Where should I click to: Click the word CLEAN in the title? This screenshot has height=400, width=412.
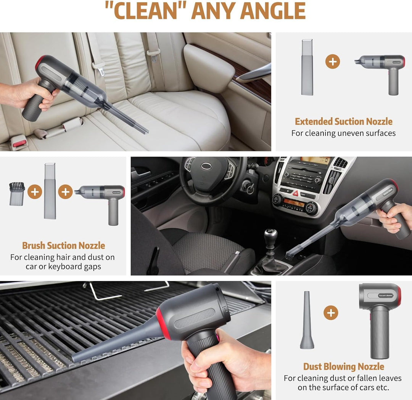(x=146, y=11)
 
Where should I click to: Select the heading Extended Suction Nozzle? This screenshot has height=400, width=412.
(x=343, y=122)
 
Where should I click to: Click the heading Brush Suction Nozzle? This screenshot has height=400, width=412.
(x=63, y=246)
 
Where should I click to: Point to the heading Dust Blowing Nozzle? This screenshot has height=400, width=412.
(x=343, y=366)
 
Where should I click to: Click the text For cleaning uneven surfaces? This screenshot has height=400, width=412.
(x=343, y=133)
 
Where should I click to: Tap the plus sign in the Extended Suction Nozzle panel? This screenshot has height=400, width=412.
(x=332, y=61)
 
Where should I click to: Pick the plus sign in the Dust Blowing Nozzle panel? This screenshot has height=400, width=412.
(x=331, y=313)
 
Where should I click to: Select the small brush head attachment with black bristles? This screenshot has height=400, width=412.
(x=17, y=194)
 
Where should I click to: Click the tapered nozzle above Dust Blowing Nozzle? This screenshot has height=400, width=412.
(x=307, y=320)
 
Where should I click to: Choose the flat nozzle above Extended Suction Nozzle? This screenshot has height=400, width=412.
(x=307, y=67)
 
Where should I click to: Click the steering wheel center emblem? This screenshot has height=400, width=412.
(x=206, y=166)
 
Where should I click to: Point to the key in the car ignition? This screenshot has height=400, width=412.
(x=248, y=187)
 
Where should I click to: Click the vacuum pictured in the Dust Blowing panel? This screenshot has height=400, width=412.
(x=380, y=316)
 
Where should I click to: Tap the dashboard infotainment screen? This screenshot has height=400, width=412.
(x=315, y=161)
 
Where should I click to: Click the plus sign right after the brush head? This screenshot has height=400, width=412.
(x=34, y=191)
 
